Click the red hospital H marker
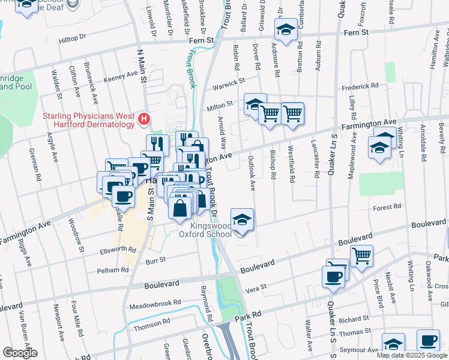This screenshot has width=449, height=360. coord(143,119)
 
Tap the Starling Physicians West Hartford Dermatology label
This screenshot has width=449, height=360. coord(88,119)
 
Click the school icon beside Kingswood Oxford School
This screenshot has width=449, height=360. coord(242,220)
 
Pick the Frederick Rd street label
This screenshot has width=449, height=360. coord(360,86)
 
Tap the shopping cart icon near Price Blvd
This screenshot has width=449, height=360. coord(361,256)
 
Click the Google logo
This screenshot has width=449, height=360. coord(19,353)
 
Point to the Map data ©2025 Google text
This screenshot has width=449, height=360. coord(411,355)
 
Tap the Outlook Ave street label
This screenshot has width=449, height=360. coord(252,173)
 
